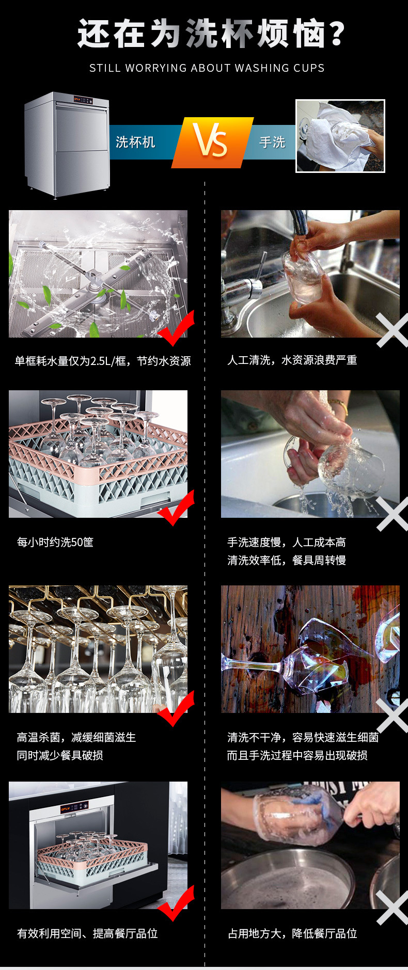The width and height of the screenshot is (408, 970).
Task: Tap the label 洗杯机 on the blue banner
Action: [x=135, y=142]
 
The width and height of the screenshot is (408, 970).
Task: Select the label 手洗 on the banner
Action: [x=272, y=142]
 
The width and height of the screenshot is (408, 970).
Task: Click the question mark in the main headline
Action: [x=336, y=34]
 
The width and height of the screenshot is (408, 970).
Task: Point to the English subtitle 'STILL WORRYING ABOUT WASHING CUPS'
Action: [x=207, y=68]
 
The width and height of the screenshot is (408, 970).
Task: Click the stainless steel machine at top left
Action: [x=67, y=145]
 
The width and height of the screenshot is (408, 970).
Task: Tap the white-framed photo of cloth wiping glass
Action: [x=340, y=136]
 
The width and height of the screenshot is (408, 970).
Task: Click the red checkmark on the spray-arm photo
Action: [x=177, y=329]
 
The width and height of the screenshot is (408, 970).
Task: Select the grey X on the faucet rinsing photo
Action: [x=393, y=330]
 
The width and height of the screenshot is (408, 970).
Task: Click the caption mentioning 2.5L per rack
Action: [x=102, y=361]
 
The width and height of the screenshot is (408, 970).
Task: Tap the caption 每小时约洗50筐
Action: [x=55, y=542]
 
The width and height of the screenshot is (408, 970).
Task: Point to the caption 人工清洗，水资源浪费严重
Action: [x=292, y=360]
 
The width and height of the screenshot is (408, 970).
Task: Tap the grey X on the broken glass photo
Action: [x=393, y=715]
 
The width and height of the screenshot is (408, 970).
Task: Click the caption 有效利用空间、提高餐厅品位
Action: [x=87, y=933]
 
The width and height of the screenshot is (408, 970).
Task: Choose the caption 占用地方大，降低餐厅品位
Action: [x=292, y=933]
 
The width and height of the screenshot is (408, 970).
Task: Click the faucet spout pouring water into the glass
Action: [x=299, y=222]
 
